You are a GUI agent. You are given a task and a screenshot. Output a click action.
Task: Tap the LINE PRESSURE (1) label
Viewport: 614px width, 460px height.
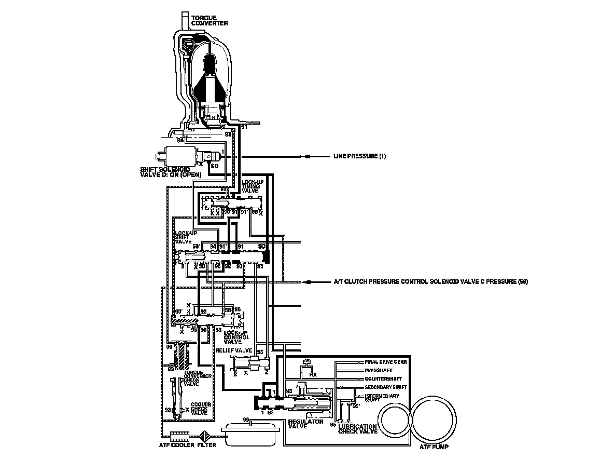point(359,156)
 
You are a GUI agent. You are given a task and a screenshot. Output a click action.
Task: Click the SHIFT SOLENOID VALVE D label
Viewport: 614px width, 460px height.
point(164,172)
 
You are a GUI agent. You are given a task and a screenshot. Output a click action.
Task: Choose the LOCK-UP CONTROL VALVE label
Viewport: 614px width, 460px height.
point(236,337)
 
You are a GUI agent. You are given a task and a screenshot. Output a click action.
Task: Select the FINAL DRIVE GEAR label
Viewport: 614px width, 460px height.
point(386,362)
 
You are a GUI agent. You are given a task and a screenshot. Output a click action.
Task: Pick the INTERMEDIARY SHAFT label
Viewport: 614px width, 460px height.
point(382,398)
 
